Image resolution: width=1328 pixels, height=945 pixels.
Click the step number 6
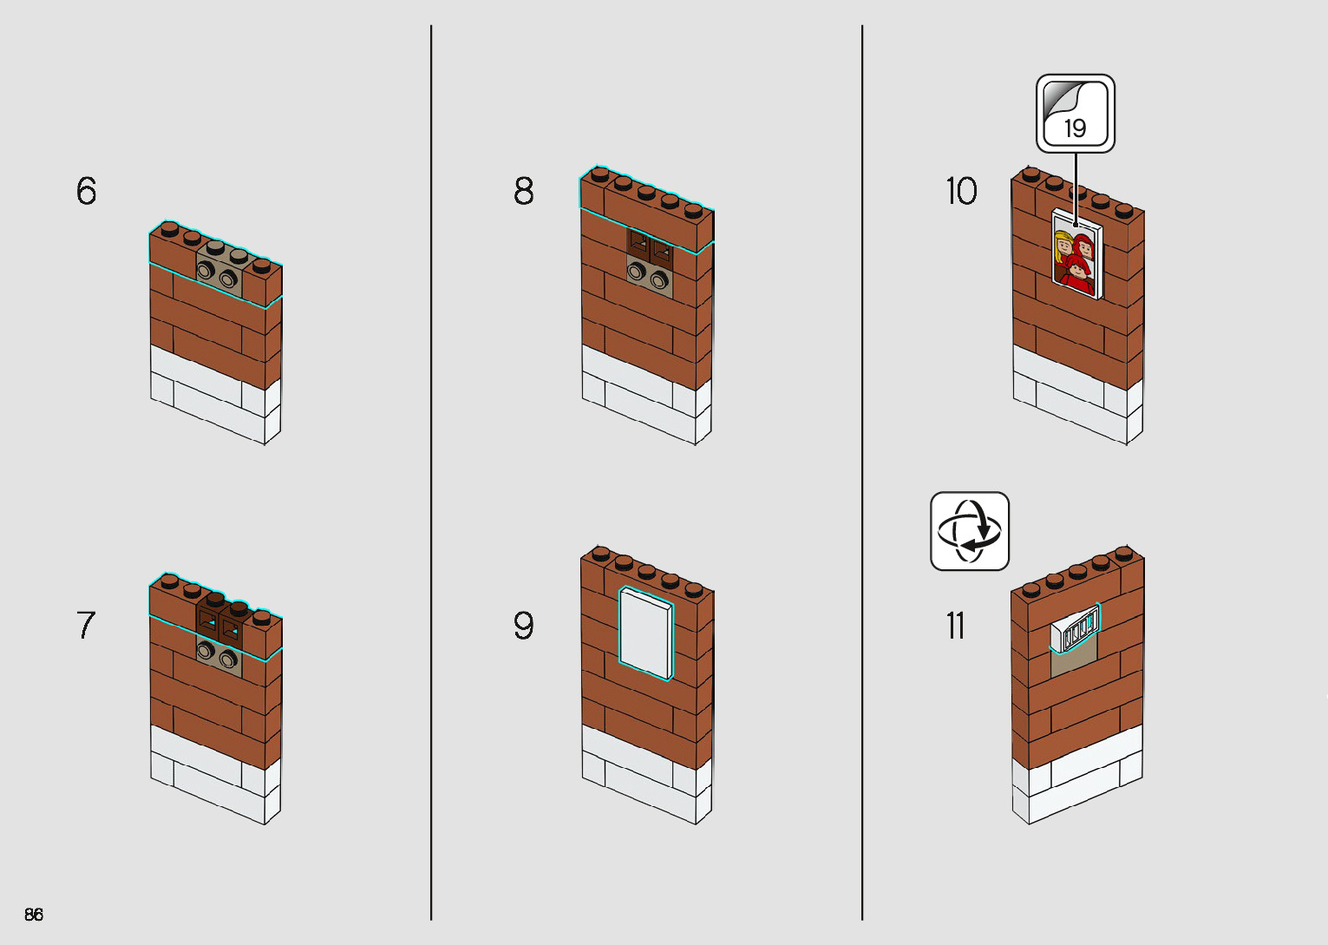click(x=87, y=191)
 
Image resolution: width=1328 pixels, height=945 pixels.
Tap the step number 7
click(x=86, y=625)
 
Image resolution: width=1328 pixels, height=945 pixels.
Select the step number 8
click(x=524, y=191)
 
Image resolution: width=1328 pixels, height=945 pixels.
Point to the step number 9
click(x=524, y=625)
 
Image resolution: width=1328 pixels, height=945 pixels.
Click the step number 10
click(x=961, y=191)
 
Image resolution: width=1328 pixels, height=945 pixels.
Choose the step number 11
click(x=955, y=625)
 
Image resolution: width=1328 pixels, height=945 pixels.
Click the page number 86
click(x=34, y=914)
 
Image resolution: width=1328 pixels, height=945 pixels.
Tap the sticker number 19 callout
click(x=1076, y=114)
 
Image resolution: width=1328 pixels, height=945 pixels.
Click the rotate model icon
click(x=970, y=531)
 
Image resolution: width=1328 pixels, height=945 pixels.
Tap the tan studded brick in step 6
click(x=218, y=272)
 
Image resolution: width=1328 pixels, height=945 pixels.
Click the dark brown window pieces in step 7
click(x=219, y=621)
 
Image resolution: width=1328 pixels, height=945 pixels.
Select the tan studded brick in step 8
click(x=648, y=277)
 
